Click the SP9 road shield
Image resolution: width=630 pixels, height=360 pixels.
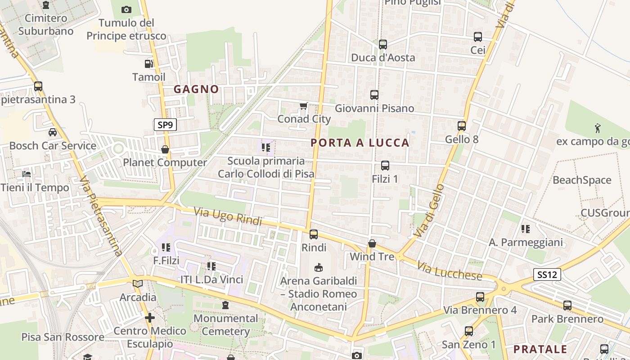(165, 125)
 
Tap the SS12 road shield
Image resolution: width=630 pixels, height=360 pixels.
(547, 274)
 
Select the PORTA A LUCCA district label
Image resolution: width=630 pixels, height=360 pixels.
(360, 143)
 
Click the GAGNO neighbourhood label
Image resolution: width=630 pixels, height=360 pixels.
(196, 89)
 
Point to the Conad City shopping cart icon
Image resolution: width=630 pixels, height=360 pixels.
(303, 106)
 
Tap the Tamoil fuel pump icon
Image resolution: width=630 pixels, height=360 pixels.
(148, 64)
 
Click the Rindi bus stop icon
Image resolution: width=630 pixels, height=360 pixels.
(313, 234)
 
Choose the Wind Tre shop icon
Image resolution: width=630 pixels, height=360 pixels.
(372, 243)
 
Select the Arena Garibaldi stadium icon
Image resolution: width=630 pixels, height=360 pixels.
(319, 268)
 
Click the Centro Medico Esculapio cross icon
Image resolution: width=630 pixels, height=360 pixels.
(150, 318)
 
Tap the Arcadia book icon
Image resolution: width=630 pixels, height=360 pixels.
(138, 284)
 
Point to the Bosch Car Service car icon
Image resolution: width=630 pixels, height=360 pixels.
(53, 132)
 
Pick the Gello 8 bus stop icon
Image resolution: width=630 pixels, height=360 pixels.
(462, 126)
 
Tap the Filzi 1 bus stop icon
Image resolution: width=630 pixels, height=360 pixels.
(385, 166)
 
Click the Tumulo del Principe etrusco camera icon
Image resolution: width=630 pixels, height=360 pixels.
(126, 9)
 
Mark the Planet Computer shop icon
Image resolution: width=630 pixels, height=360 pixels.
(165, 149)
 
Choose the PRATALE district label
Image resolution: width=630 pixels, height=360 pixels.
(540, 349)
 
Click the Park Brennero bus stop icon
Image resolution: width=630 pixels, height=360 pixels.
(567, 306)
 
